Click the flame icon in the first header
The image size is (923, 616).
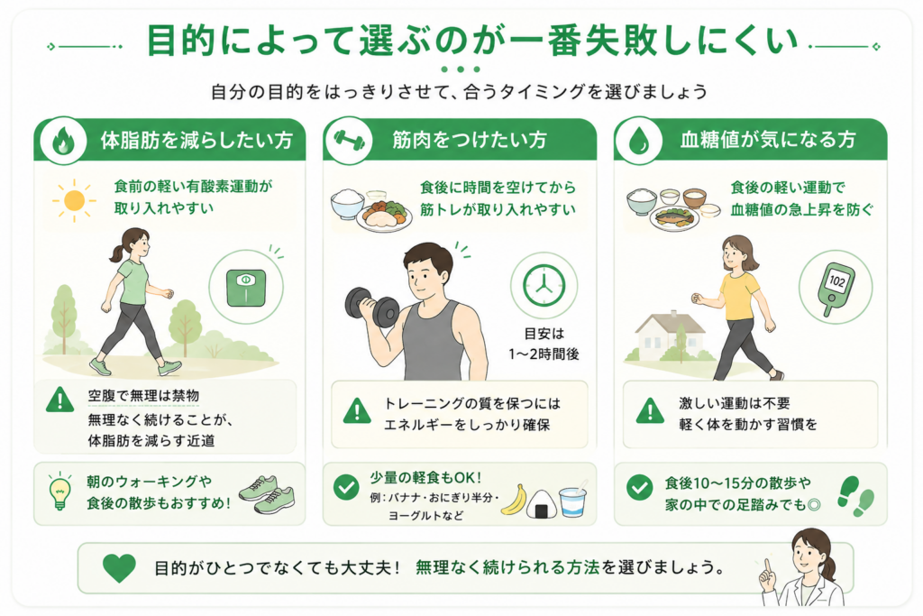tap(62, 142)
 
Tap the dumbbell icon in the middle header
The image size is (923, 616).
tap(349, 140)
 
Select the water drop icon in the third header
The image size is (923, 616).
tap(638, 142)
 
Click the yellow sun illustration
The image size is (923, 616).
tap(74, 201)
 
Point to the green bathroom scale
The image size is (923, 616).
tap(246, 288)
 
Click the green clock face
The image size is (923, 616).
tap(544, 286)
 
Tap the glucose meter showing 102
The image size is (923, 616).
tap(836, 289)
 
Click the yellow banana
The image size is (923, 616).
tap(513, 500)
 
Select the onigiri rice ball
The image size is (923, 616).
tap(539, 503)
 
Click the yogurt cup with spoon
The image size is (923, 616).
tap(572, 501)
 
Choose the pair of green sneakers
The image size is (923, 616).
tap(267, 494)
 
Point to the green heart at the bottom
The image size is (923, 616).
tap(119, 567)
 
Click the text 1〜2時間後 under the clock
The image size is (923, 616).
tap(544, 354)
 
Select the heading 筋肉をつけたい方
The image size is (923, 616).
tap(470, 140)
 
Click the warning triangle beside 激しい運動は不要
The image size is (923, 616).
tap(651, 410)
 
